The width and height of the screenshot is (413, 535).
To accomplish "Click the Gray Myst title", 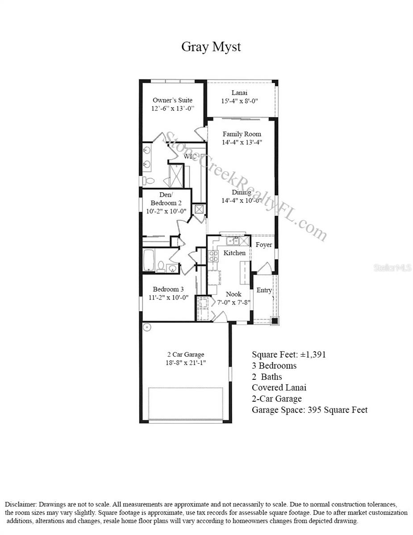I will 211,47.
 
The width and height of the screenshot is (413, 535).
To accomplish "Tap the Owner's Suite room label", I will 172,100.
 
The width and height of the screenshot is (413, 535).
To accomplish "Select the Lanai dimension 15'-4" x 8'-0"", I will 239,101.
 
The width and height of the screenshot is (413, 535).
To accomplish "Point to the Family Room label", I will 242,134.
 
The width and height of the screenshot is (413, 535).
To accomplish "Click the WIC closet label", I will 190,156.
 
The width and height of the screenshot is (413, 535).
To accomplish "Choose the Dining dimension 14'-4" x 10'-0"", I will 242,201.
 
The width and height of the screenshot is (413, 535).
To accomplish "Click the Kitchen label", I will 234,253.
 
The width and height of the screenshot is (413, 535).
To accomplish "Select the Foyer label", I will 264,245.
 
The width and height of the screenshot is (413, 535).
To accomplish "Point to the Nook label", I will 234,294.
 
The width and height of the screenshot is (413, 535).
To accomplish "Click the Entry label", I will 264,290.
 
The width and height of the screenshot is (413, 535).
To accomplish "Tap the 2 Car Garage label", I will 185,355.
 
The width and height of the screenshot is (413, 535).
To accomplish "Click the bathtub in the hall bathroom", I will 148,260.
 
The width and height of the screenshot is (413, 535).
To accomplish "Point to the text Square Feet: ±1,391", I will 289,355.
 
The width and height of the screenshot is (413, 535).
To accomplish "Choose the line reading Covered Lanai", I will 279,388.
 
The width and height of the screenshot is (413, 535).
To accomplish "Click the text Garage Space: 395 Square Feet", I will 309,410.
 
